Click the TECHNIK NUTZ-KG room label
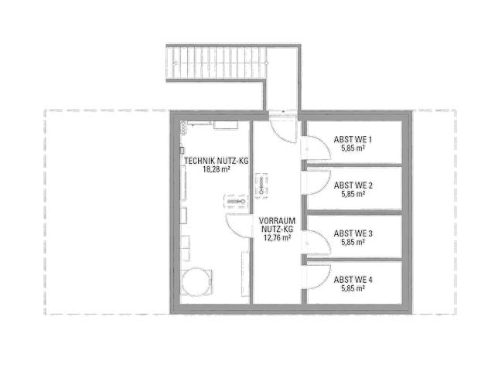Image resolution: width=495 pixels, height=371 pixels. point(217,161)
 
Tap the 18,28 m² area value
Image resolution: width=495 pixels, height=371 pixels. point(217,169)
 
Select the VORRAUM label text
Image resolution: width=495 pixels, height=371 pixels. point(277,220)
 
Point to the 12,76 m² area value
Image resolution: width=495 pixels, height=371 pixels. point(277,237)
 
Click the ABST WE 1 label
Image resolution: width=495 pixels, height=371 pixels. point(353,139)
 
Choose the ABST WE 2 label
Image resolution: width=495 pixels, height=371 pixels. point(353,185)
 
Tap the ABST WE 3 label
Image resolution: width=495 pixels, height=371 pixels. point(353,233)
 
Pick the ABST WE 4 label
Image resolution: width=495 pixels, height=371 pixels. point(353,280)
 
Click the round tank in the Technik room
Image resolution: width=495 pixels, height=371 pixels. point(196,282)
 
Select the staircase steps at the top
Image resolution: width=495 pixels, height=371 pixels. point(217,63)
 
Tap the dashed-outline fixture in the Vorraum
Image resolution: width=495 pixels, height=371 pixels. point(261,186)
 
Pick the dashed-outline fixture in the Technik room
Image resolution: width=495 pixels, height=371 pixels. point(236,202)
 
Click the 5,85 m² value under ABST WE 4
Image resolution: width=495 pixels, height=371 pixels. point(353,288)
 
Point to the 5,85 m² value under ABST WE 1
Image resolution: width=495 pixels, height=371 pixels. point(353,148)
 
